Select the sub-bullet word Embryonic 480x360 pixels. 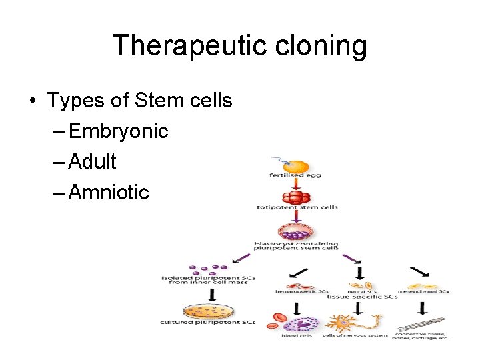pyautogui.click(x=118, y=131)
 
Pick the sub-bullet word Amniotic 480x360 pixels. pyautogui.click(x=109, y=193)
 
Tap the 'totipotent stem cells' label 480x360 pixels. pyautogui.click(x=297, y=207)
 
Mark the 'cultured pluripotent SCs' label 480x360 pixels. pyautogui.click(x=208, y=323)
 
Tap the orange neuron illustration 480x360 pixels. pyautogui.click(x=357, y=323)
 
